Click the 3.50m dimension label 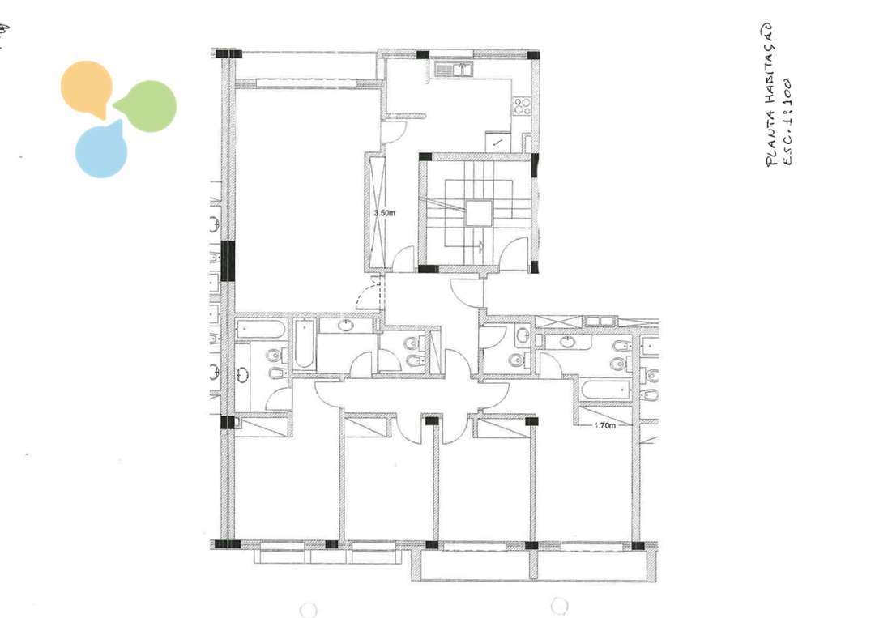(384, 213)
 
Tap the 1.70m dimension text (604, 424)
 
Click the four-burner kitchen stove (523, 105)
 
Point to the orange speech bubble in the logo (86, 87)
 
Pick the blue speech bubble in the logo (102, 151)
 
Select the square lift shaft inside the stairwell (477, 213)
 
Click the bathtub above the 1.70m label (607, 390)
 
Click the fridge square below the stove (498, 142)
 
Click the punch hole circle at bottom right (559, 605)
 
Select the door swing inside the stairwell (512, 258)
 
